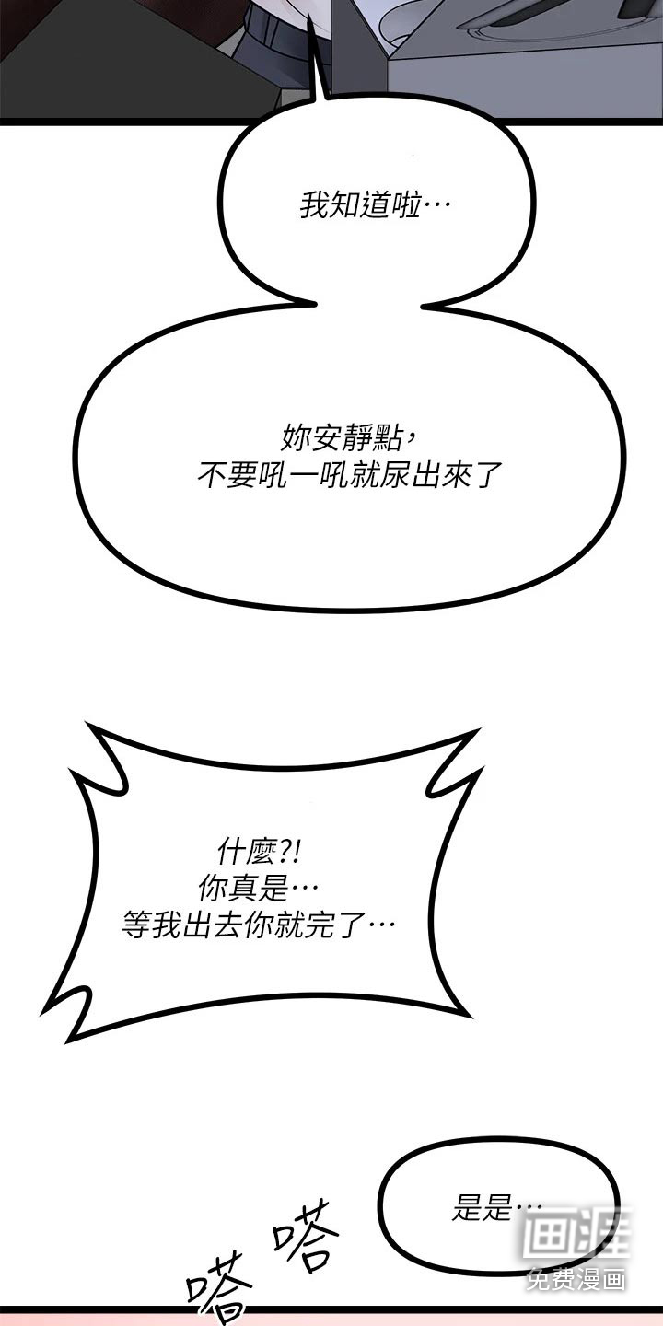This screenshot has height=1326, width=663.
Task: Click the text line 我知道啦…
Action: (x=375, y=205)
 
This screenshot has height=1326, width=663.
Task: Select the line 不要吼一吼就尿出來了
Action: (x=349, y=474)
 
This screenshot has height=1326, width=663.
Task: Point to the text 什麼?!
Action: (x=260, y=853)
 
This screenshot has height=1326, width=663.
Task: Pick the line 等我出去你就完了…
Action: (x=259, y=925)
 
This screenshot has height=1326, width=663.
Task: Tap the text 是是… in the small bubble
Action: (x=497, y=1206)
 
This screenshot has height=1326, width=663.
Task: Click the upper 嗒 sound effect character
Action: (x=306, y=1234)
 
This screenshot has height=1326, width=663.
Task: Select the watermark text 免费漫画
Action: (x=576, y=1279)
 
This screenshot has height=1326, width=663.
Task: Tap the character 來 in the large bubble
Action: (x=455, y=474)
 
